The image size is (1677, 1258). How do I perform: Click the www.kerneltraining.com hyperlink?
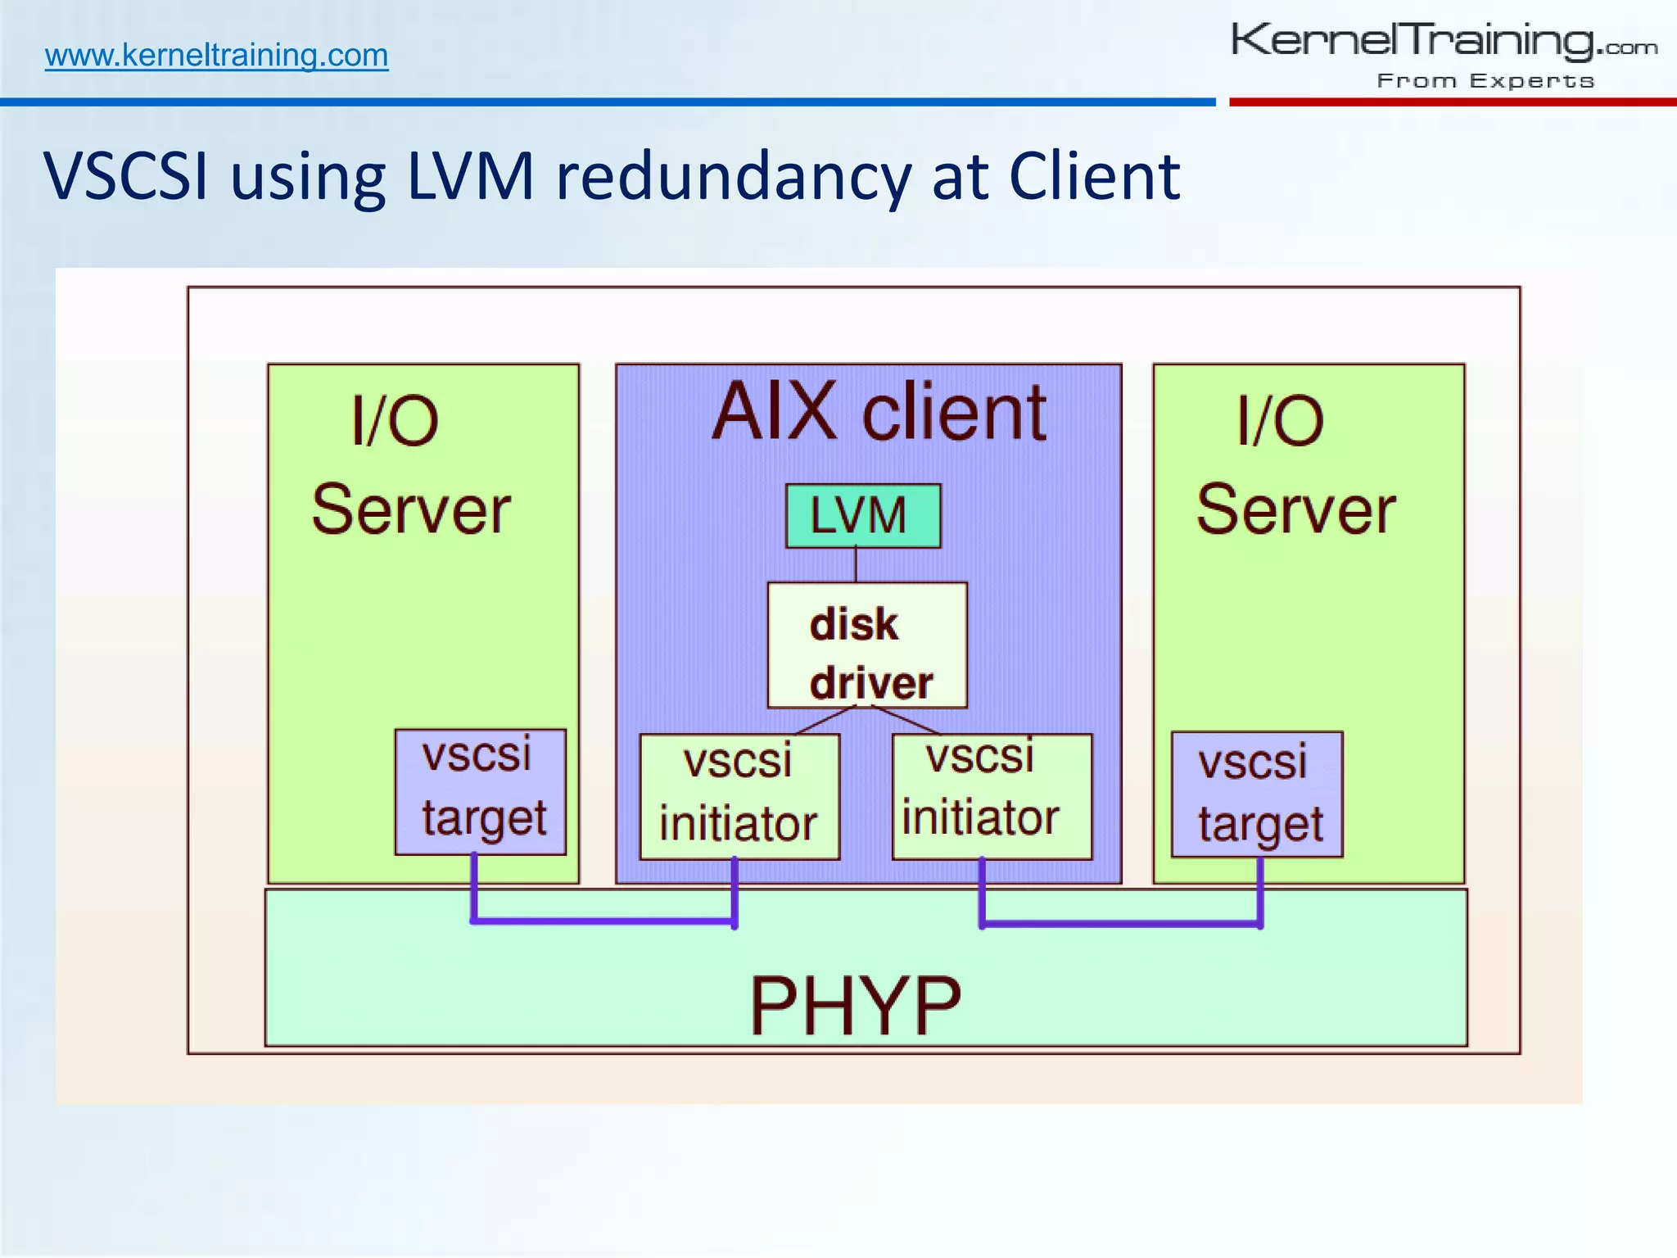click(x=216, y=56)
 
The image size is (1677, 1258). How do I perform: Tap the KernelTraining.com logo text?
click(x=1443, y=41)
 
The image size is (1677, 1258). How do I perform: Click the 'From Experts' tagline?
click(x=1485, y=81)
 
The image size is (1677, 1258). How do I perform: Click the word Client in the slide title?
click(x=1094, y=176)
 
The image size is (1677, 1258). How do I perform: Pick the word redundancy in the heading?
click(x=733, y=176)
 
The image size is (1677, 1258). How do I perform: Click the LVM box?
click(x=862, y=516)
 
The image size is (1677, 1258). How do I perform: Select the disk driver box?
click(x=866, y=645)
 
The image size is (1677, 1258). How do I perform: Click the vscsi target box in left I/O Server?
click(x=481, y=792)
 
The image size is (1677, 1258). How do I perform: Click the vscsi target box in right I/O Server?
click(x=1257, y=794)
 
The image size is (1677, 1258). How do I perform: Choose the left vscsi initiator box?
click(x=739, y=796)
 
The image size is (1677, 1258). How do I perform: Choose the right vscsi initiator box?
click(x=992, y=796)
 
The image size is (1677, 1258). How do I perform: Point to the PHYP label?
click(x=855, y=1006)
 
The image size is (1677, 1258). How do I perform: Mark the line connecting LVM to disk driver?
click(x=856, y=565)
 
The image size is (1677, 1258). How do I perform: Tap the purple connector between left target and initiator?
click(x=604, y=921)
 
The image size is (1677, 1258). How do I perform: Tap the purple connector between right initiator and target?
click(x=1120, y=924)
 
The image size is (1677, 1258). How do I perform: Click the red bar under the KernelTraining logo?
click(x=1452, y=102)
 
